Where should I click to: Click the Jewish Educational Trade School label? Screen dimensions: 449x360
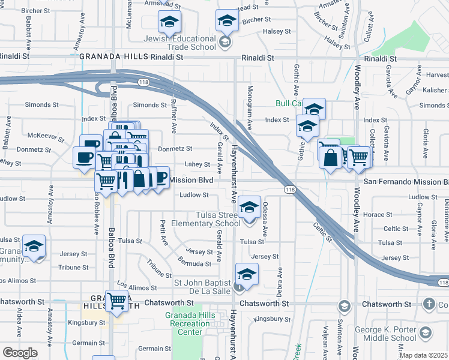[x=179, y=42]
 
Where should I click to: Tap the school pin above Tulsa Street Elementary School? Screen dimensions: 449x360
[x=249, y=208]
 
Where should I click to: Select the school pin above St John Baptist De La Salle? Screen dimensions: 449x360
[x=246, y=275]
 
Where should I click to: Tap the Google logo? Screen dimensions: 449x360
[x=20, y=353]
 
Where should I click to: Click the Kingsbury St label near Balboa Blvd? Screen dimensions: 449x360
[x=70, y=322]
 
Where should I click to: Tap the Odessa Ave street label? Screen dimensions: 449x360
[x=265, y=214]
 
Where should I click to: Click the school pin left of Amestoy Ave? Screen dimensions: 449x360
[x=34, y=246]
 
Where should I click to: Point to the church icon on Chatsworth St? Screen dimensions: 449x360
[x=429, y=304]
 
